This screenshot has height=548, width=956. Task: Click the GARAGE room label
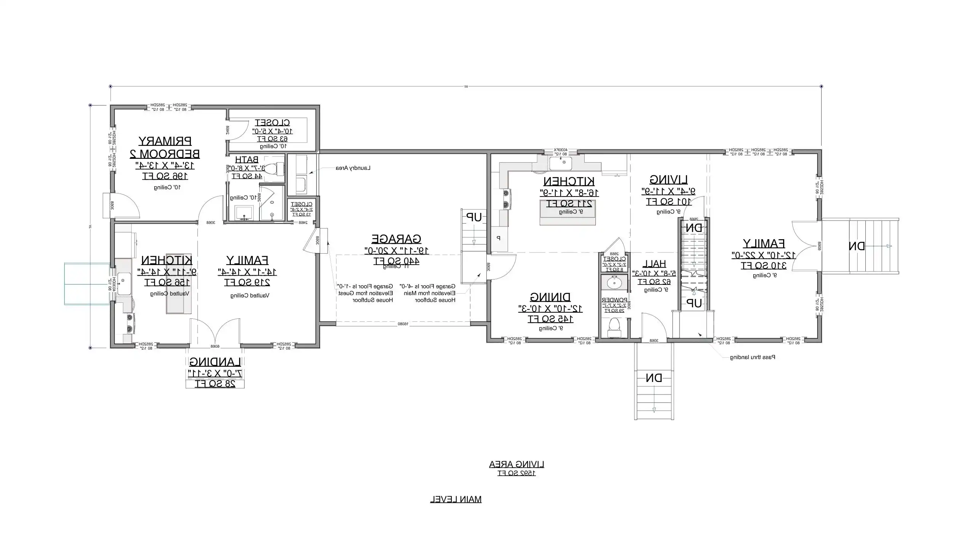click(x=396, y=239)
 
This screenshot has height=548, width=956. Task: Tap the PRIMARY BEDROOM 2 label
click(x=165, y=147)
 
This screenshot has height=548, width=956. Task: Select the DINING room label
click(x=550, y=297)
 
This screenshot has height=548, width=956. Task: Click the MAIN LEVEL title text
click(x=456, y=499)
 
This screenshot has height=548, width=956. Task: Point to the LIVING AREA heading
click(x=516, y=464)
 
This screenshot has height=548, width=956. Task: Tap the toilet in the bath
click(x=273, y=169)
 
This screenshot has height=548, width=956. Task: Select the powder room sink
click(x=614, y=283)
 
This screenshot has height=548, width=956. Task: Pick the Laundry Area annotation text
click(x=353, y=168)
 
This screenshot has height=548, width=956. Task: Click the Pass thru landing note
click(x=752, y=357)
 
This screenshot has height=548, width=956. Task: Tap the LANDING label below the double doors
click(x=215, y=362)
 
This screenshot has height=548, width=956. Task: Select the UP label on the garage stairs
click(x=474, y=217)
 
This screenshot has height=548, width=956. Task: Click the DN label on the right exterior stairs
click(x=857, y=246)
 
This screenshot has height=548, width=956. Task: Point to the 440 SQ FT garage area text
click(x=396, y=261)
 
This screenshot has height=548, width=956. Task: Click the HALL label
click(x=654, y=264)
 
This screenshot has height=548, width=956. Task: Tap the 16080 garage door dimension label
click(x=403, y=324)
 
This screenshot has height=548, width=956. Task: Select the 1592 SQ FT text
click(x=516, y=473)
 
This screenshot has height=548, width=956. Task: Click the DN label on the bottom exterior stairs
click(x=654, y=378)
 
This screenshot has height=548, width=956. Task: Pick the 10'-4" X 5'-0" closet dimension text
click(x=272, y=131)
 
